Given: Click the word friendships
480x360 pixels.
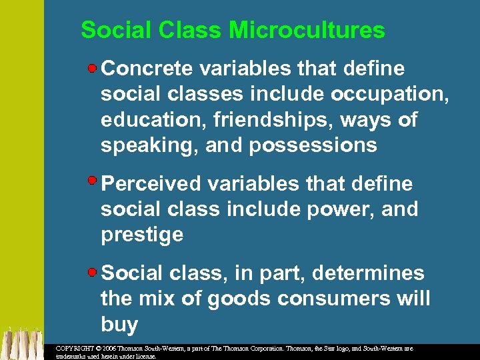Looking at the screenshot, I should click(261, 120).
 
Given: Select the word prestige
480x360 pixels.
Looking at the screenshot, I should click(141, 235).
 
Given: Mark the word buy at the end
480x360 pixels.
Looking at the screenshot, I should click(119, 325).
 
